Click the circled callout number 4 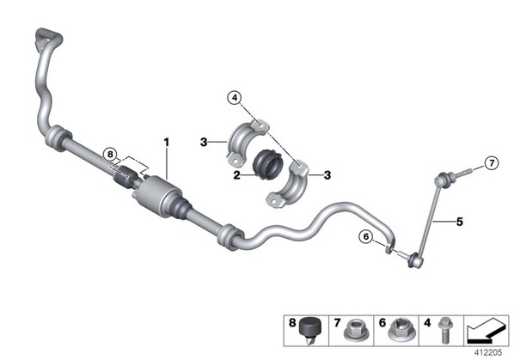coord(235,98)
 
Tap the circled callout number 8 coord(110,154)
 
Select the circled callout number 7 coord(492,162)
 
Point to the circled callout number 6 coord(366,236)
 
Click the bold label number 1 coord(167,143)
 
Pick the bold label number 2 coord(236,175)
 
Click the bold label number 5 coord(460,222)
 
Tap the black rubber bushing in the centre coord(268,165)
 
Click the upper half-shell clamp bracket coord(248,142)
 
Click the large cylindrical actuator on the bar coord(157,196)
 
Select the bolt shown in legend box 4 coord(445,330)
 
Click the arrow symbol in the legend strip coord(486,331)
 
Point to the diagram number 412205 coord(488,352)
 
